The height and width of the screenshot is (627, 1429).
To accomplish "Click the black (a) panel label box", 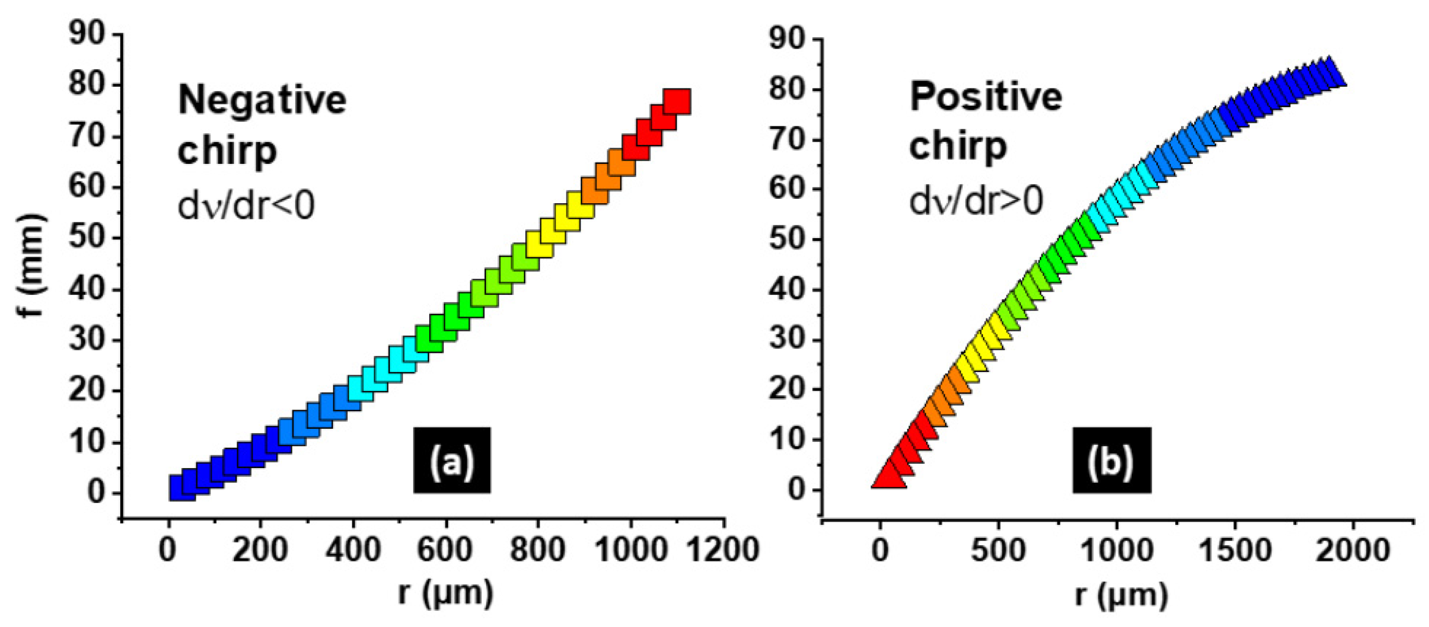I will tap(452, 459).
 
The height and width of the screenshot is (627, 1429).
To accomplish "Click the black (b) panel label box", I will tap(1111, 459).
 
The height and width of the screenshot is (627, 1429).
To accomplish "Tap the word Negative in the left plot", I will tap(262, 100).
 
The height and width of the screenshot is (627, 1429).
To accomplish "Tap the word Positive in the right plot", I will tap(986, 97).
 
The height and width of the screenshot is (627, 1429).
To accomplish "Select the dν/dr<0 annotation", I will tap(246, 206).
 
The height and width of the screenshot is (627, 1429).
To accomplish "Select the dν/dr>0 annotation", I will tap(976, 200).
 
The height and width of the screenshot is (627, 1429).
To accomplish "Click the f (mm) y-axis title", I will tap(32, 265).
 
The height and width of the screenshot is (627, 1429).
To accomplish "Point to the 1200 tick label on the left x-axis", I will tap(724, 551).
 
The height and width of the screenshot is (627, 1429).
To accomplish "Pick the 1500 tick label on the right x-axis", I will tap(1234, 551).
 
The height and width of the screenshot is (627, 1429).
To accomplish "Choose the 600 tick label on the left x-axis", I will tap(444, 551).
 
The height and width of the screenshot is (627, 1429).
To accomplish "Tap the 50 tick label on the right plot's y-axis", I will tap(787, 239).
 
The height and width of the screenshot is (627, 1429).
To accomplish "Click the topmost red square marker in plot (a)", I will tap(677, 102).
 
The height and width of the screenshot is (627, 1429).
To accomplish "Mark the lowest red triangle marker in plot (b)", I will tap(888, 477).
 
